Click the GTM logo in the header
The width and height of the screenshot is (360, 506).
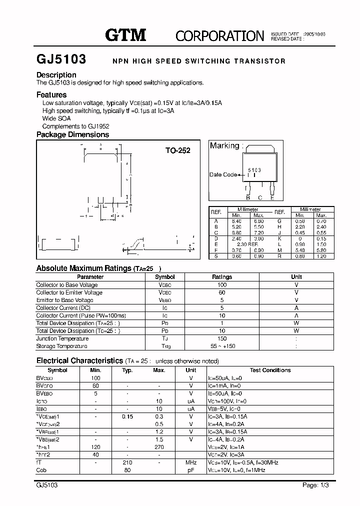pyautogui.click(x=125, y=34)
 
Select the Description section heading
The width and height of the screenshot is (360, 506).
pyautogui.click(x=56, y=75)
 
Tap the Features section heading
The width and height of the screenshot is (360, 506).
pyautogui.click(x=51, y=94)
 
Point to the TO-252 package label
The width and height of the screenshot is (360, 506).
pyautogui.click(x=178, y=150)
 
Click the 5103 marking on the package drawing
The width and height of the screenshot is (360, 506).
pyautogui.click(x=254, y=170)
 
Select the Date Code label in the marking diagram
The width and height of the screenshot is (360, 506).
pyautogui.click(x=223, y=174)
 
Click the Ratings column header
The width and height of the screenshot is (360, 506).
pyautogui.click(x=222, y=276)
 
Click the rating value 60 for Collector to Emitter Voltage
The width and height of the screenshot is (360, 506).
pyautogui.click(x=222, y=292)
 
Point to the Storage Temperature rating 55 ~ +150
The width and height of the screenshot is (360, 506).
pyautogui.click(x=222, y=346)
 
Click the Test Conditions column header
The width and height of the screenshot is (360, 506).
pyautogui.click(x=270, y=370)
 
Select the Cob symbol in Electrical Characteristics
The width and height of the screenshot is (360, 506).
pyautogui.click(x=42, y=470)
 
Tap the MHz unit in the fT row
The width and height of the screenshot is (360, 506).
pyautogui.click(x=191, y=462)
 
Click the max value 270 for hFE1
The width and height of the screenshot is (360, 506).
pyautogui.click(x=159, y=447)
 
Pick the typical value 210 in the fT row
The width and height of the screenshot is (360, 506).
pyautogui.click(x=127, y=462)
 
